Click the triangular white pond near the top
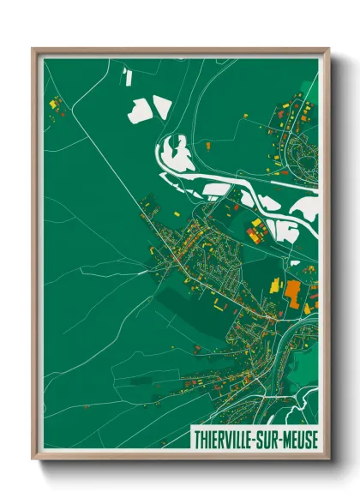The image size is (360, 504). point(162,108)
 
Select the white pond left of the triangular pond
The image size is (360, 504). point(139,111)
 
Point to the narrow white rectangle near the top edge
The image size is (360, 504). point(128,78)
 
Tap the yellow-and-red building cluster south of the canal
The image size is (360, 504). point(255,229)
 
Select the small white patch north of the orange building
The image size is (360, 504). point(294,261)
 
